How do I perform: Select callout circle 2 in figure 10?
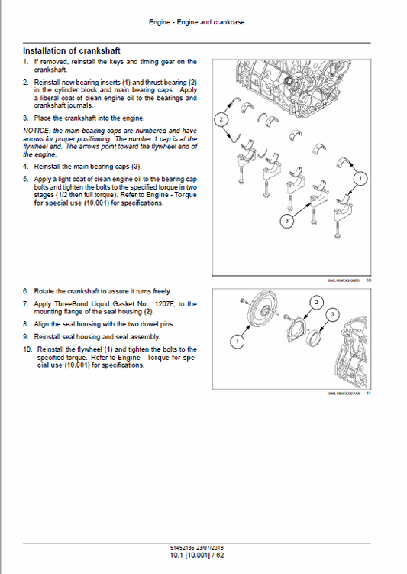click(x=221, y=120)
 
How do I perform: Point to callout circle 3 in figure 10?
click(x=286, y=221)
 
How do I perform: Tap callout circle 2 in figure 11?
click(x=315, y=303)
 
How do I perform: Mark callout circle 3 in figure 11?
click(x=332, y=315)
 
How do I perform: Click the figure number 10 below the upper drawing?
click(x=368, y=280)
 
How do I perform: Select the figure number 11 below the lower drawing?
click(x=368, y=394)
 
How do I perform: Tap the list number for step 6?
click(x=26, y=291)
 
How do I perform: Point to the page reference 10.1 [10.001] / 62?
click(x=203, y=555)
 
